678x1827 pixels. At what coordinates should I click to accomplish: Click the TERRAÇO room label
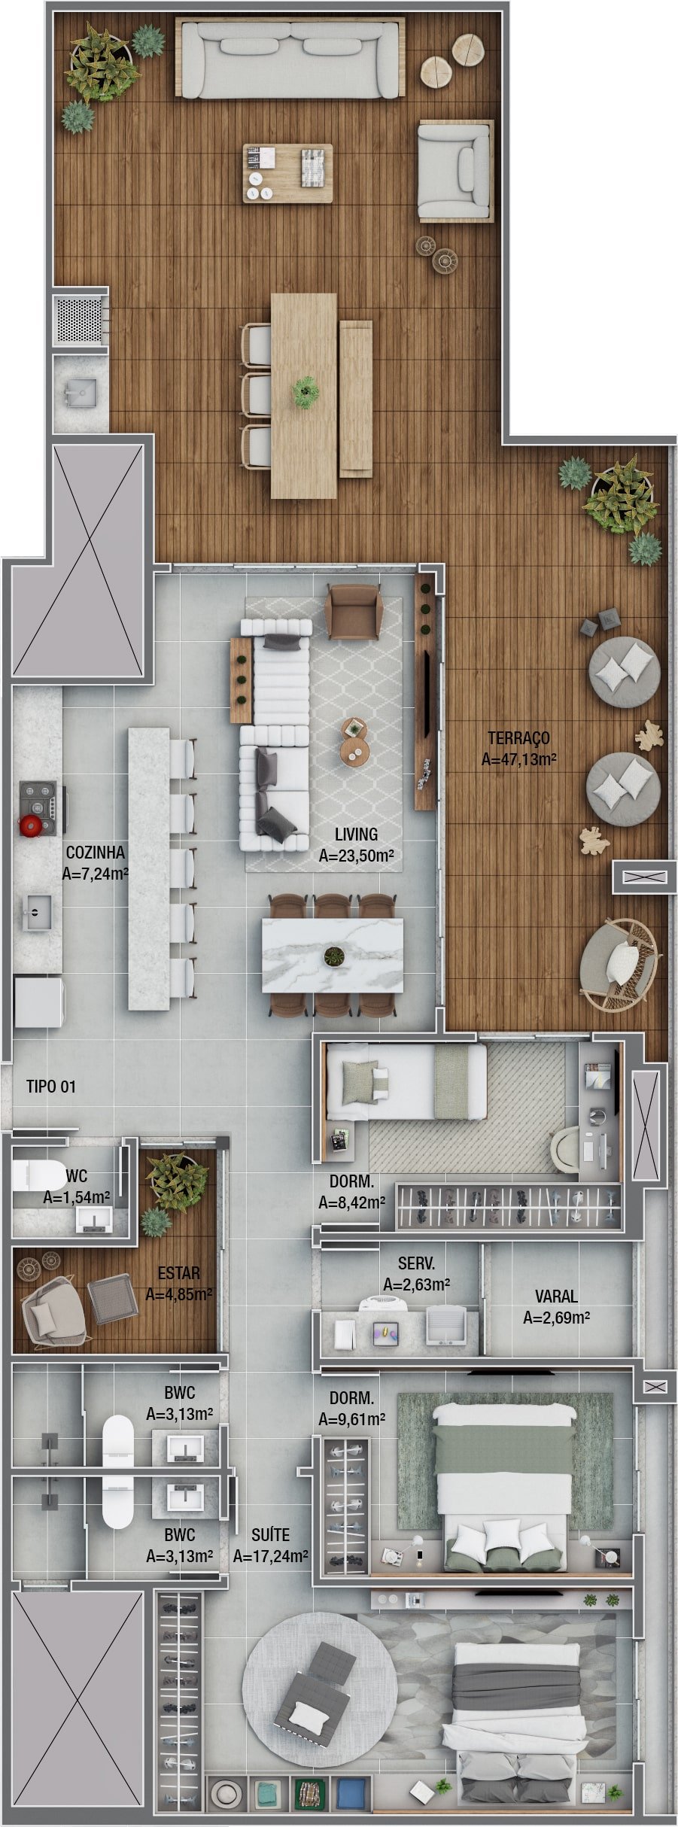pyautogui.click(x=518, y=738)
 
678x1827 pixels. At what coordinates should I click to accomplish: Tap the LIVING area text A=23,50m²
pyautogui.click(x=357, y=856)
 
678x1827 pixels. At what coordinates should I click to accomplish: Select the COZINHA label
pyautogui.click(x=96, y=853)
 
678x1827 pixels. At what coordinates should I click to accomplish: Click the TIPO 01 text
pyautogui.click(x=51, y=1087)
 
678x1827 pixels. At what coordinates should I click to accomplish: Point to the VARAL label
pyautogui.click(x=556, y=1297)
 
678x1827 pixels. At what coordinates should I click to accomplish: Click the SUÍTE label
pyautogui.click(x=270, y=1535)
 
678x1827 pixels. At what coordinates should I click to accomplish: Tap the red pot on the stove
pyautogui.click(x=30, y=825)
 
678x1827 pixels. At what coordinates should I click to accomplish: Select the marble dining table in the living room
pyautogui.click(x=333, y=955)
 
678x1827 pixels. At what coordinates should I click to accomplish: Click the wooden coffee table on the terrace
pyautogui.click(x=287, y=173)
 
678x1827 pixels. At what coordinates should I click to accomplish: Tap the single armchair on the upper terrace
pyautogui.click(x=455, y=172)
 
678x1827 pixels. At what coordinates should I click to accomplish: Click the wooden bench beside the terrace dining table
pyautogui.click(x=355, y=399)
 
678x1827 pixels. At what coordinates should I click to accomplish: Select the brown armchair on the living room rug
pyautogui.click(x=354, y=612)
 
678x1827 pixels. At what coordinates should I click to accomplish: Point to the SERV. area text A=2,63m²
pyautogui.click(x=416, y=1284)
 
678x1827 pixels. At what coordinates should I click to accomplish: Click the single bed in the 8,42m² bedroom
pyautogui.click(x=406, y=1081)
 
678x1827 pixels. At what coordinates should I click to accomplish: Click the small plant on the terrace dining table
pyautogui.click(x=306, y=391)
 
